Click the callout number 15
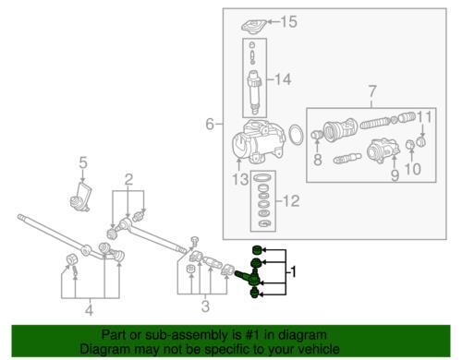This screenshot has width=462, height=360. point(288,21)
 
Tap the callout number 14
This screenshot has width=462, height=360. point(283,79)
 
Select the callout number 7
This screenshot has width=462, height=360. point(372,91)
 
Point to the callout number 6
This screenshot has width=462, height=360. point(210,124)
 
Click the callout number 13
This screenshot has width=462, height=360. point(240,179)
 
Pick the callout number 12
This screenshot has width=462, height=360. point(291,201)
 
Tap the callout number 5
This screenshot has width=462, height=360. point(83,162)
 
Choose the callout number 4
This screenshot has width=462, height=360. point(89,310)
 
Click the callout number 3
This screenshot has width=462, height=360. point(205,306)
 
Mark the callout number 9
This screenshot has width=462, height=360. point(395,175)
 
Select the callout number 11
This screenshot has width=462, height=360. point(424,117)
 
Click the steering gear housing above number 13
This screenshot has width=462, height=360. point(258,140)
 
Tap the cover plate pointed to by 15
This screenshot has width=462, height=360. point(254,26)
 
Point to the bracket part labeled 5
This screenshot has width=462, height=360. point(80,197)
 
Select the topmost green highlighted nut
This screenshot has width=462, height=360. point(257,250)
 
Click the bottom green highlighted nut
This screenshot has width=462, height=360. point(254,294)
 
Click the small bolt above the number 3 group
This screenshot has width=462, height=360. point(194,242)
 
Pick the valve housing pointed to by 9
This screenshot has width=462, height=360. point(383,150)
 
